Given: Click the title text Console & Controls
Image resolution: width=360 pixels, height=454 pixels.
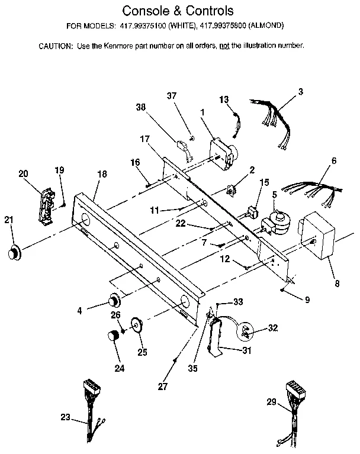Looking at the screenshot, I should click(177, 11).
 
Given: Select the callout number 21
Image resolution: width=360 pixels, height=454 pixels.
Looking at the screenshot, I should click(8, 220).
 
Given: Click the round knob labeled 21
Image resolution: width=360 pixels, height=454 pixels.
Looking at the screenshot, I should click(13, 253).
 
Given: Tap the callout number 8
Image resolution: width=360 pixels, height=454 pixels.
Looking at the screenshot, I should click(336, 284).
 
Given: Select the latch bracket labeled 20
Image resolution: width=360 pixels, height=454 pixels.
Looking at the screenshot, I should click(46, 204).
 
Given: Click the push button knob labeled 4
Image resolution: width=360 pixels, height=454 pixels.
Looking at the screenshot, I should click(112, 299).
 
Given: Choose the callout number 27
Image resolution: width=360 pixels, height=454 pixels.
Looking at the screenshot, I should click(162, 387).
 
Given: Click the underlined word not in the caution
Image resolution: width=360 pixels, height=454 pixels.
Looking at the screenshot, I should click(225, 46).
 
